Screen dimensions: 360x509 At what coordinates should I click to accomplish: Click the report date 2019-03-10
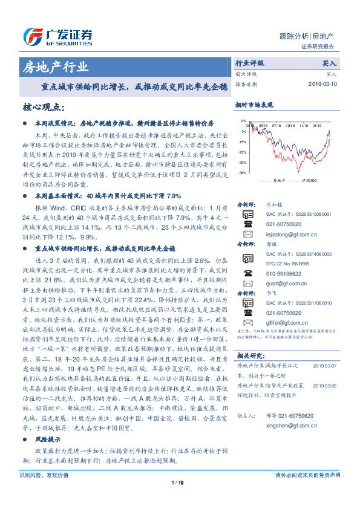tap(325, 84)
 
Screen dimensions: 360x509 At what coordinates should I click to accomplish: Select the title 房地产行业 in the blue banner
tap(54, 66)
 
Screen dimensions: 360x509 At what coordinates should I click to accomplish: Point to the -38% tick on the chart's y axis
tap(242, 173)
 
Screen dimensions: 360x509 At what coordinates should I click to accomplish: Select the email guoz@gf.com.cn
tap(283, 282)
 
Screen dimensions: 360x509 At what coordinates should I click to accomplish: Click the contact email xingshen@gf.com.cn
tap(289, 426)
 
